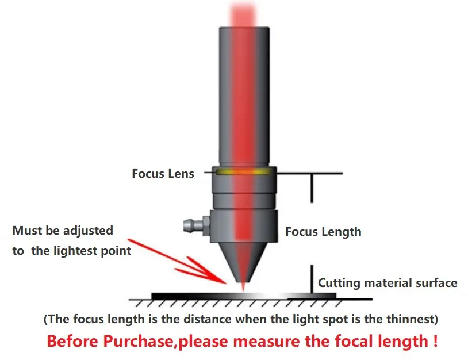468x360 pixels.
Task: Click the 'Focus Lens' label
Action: point(163,174)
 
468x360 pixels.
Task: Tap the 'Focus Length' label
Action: point(323,232)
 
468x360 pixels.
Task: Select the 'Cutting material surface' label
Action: point(388,283)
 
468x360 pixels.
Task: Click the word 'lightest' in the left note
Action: point(79,251)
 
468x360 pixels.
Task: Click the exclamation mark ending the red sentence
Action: point(432,340)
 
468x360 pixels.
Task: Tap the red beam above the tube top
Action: point(243,14)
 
